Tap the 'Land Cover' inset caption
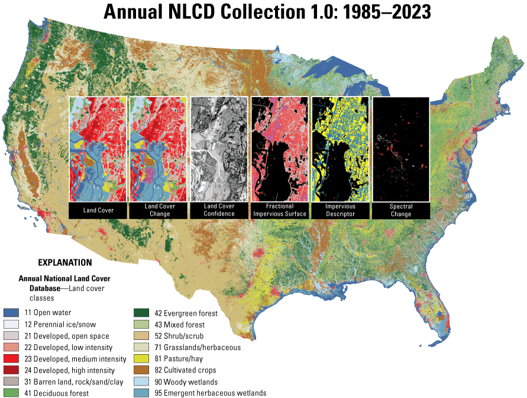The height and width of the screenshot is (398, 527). point(98,210)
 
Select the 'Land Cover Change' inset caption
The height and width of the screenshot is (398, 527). point(159,210)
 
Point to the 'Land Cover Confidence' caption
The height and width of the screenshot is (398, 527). point(219,210)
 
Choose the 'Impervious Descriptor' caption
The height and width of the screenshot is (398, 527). point(340,210)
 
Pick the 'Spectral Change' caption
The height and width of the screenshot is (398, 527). point(400,210)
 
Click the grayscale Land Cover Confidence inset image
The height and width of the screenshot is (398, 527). point(219,149)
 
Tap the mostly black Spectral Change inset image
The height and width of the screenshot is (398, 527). point(400,149)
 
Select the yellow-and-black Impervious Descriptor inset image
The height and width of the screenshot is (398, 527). point(340,149)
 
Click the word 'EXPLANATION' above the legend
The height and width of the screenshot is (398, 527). point(65,262)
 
